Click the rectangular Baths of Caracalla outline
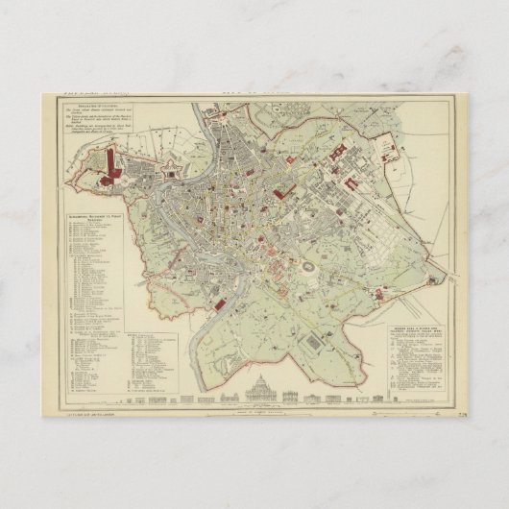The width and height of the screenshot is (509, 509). (320, 344)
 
